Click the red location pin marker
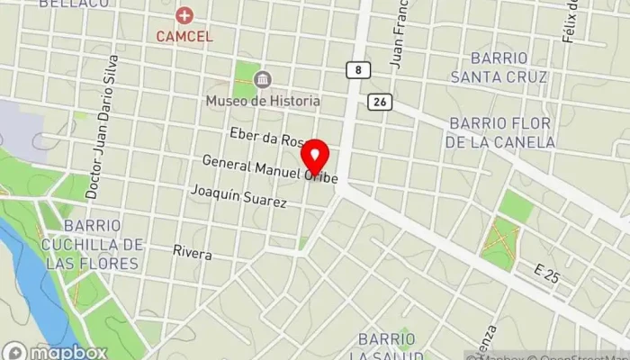pos(314,156)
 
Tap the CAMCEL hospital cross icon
pos(184,15)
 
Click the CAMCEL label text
pos(184,37)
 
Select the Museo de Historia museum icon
pos(263,80)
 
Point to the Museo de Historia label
pos(263,100)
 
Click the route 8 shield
pos(358,69)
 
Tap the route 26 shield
pos(379,103)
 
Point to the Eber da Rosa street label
pos(268,137)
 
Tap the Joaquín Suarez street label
pos(238,196)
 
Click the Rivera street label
pos(193,254)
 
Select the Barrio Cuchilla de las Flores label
pos(90,243)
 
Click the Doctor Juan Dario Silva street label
pos(102,126)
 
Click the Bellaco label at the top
pos(74,4)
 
